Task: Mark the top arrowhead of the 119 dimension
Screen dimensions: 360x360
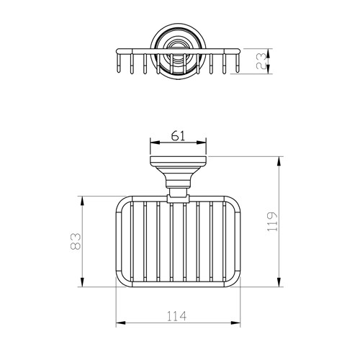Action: tap(278, 161)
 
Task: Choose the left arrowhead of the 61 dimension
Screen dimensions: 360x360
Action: tap(151, 143)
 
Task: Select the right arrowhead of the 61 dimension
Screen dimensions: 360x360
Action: tap(206, 143)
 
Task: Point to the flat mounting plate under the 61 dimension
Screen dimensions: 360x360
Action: tap(178, 160)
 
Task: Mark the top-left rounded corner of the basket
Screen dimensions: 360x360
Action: tap(121, 202)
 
